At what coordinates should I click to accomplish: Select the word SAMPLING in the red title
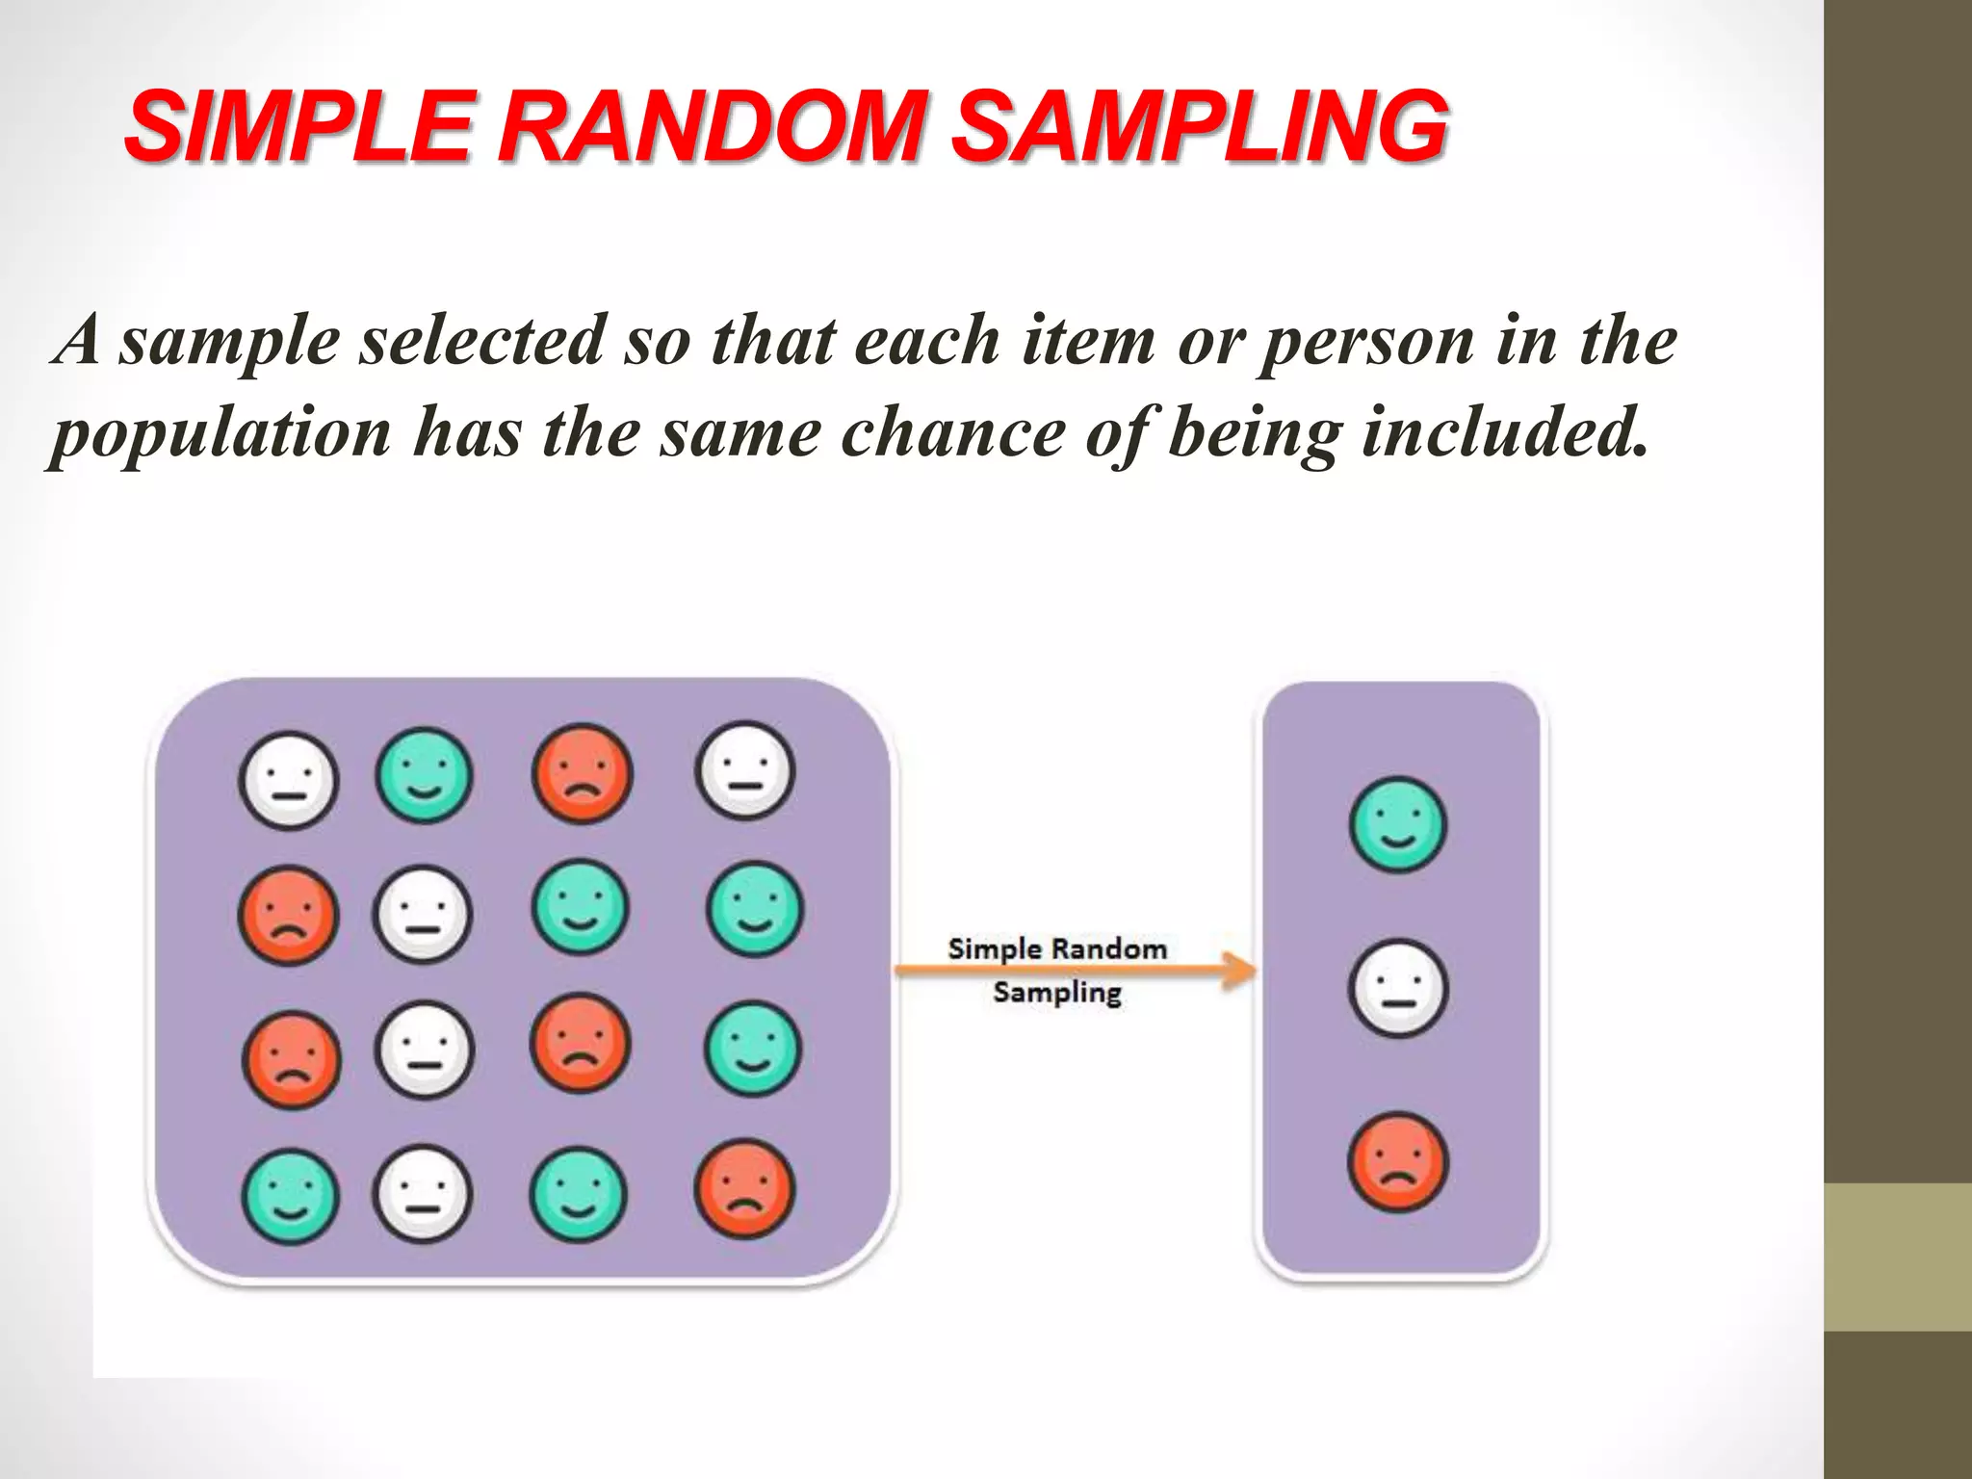(x=1200, y=126)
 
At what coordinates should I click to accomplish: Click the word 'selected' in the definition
(x=481, y=341)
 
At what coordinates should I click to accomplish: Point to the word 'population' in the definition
(x=221, y=433)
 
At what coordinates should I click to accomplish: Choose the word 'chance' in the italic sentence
(x=953, y=433)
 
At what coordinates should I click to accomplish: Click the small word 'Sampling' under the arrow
(x=1057, y=993)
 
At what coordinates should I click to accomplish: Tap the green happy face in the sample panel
(x=1398, y=824)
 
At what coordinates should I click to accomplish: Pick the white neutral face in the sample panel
(x=1398, y=988)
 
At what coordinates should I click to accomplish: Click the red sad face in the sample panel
(x=1398, y=1161)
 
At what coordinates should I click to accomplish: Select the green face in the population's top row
(x=424, y=774)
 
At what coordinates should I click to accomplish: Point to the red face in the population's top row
(x=582, y=773)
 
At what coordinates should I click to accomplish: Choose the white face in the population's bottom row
(x=423, y=1194)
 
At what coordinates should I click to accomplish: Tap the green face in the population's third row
(x=753, y=1049)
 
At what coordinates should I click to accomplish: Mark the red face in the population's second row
(x=288, y=915)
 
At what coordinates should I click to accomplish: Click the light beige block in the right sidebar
(x=1898, y=1257)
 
